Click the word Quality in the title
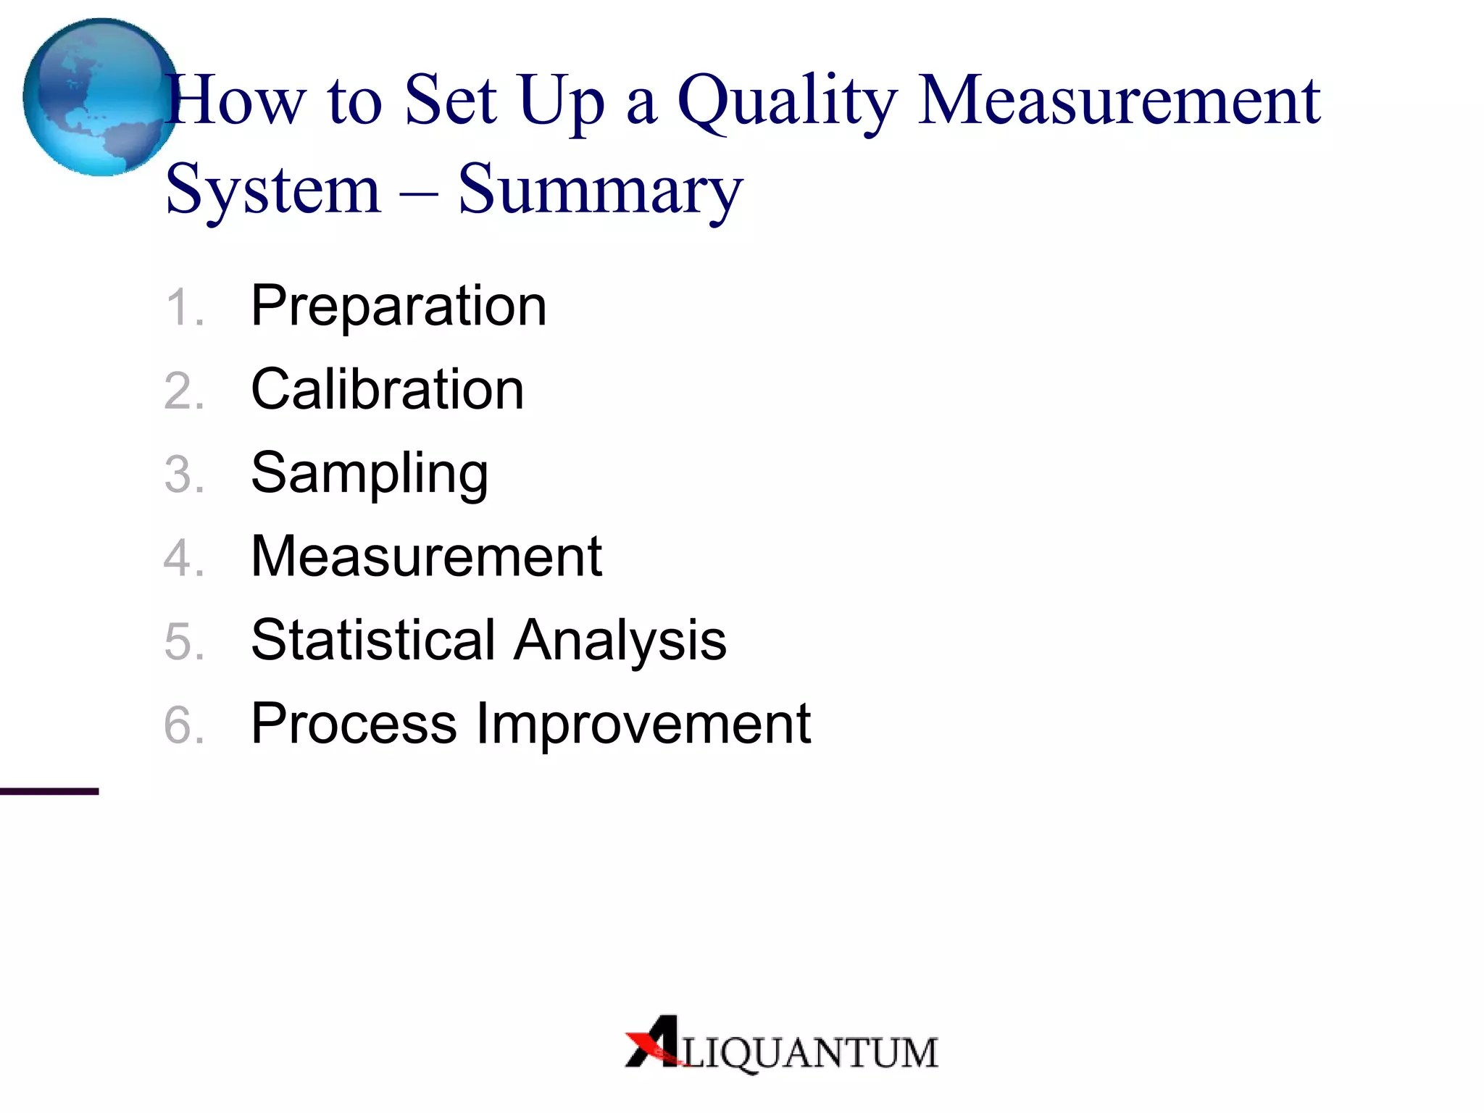(x=788, y=101)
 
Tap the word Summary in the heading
(x=600, y=190)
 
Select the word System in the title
(x=273, y=190)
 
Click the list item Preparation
(x=399, y=307)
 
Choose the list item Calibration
(x=387, y=390)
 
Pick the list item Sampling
(x=370, y=474)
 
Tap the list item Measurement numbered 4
(x=426, y=556)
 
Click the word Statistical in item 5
(x=373, y=640)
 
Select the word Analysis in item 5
(x=620, y=640)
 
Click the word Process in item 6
(x=354, y=723)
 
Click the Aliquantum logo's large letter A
(x=654, y=1041)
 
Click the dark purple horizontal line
(x=49, y=791)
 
